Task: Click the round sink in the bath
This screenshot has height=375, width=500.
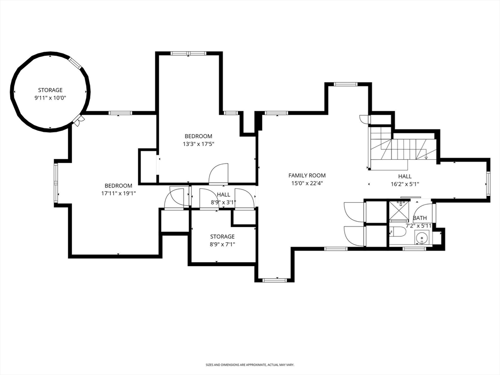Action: (422, 238)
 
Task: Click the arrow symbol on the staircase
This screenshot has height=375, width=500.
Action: (426, 157)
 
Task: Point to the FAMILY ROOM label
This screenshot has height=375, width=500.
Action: (307, 175)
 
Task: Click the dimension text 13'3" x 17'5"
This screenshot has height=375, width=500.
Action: (198, 144)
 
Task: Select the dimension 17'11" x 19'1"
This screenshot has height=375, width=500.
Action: (118, 193)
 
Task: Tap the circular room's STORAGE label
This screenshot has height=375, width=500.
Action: (50, 90)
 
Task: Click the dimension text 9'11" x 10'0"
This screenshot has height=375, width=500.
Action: (50, 98)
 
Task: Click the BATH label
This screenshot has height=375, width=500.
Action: (419, 218)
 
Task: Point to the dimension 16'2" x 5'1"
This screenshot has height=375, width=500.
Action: (404, 184)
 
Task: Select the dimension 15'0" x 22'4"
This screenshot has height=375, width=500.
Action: (307, 183)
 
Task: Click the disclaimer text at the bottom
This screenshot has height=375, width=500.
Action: (250, 365)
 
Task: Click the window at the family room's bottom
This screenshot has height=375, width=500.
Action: (273, 280)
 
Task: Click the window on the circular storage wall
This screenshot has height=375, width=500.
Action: (75, 63)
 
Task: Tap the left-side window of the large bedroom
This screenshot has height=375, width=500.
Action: (56, 184)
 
